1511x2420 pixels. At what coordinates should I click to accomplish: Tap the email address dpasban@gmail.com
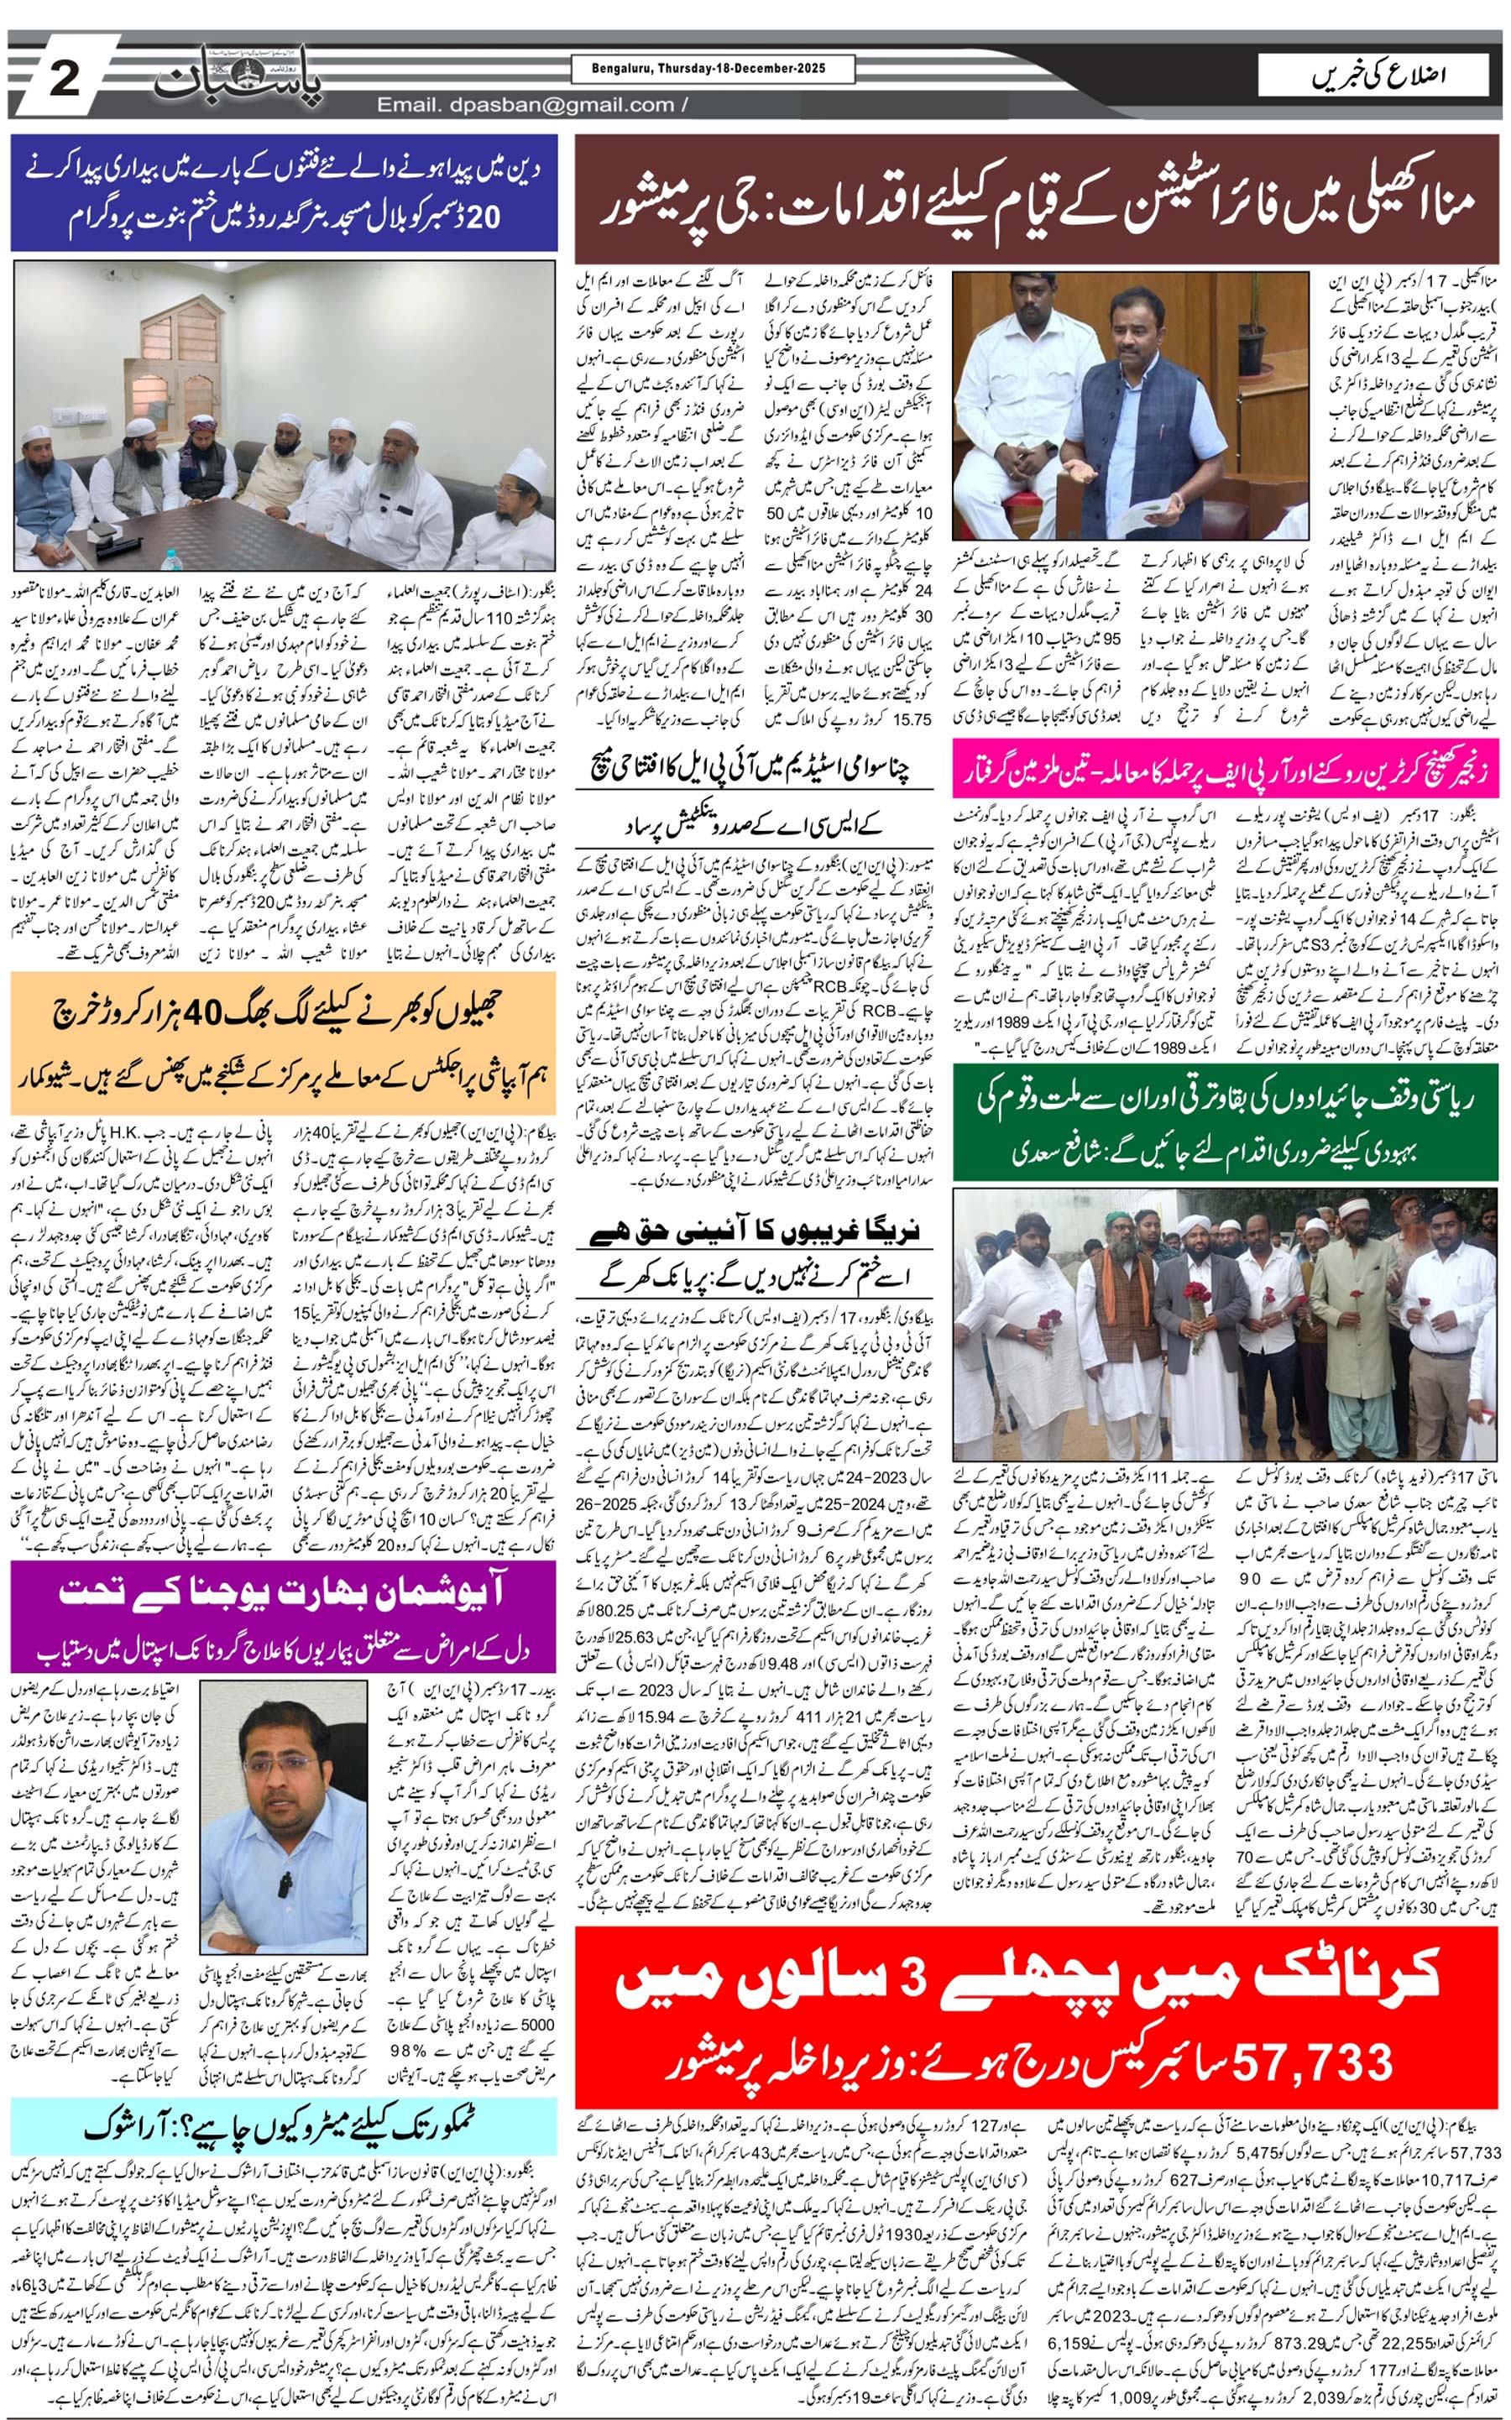(x=525, y=105)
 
